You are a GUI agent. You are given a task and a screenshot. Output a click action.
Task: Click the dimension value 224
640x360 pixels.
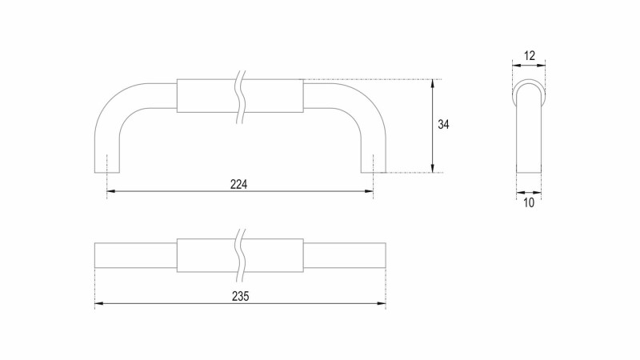coord(238,185)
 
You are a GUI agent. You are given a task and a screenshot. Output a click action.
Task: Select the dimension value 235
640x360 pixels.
coord(241,297)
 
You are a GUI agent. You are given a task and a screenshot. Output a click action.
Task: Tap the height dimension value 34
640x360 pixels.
coord(443,125)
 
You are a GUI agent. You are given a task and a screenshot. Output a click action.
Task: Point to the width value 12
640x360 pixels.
coord(529,55)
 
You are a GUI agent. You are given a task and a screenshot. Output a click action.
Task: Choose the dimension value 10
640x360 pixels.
coord(529,203)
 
